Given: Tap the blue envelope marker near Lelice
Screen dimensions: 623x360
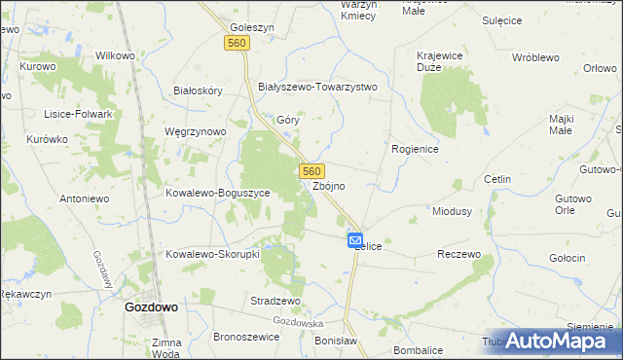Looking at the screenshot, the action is (x=355, y=240).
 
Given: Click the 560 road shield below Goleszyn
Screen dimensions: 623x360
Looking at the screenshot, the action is (x=237, y=44).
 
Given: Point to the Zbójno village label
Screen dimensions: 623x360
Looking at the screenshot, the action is (x=329, y=186).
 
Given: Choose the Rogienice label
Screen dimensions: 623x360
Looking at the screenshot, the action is (x=416, y=149).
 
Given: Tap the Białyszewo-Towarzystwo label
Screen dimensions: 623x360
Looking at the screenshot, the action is (x=316, y=87).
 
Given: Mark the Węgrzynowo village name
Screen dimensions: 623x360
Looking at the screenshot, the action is (x=196, y=131).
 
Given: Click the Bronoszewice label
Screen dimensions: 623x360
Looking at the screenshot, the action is (x=246, y=337).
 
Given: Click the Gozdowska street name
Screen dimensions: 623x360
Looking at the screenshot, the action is (x=298, y=322).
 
